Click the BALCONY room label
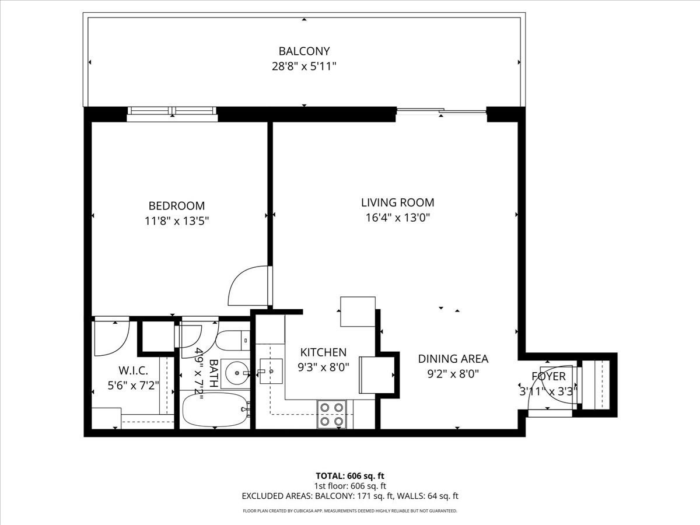coord(304,51)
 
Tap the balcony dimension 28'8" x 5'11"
coord(304,66)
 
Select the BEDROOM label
coord(177,206)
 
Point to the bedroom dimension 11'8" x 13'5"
coord(177,221)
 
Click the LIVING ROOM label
coord(397,203)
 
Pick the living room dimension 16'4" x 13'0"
coord(397,218)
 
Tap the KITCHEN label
coord(323,352)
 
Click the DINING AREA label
coord(453,359)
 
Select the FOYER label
coord(548,376)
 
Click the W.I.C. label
coord(133,370)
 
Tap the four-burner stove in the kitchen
coord(331,414)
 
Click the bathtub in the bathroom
coord(215,409)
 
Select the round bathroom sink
coord(235,370)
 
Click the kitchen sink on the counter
coord(270,371)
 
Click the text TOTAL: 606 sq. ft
coord(350,475)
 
